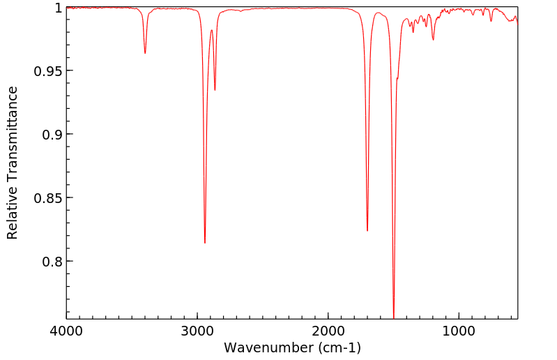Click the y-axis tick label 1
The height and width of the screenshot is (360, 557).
59,8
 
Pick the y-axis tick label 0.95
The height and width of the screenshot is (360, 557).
49,71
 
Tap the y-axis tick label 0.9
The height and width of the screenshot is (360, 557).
53,134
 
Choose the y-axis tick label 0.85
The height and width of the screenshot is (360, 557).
49,198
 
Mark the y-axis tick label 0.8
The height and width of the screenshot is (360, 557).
53,262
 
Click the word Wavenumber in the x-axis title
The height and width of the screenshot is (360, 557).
268,347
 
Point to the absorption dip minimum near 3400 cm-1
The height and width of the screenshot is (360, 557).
145,53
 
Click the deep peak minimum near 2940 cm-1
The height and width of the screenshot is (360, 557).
205,243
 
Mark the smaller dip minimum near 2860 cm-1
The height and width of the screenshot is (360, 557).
215,90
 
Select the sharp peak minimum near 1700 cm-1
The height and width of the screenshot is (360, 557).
367,231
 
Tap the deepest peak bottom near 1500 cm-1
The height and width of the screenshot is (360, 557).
394,317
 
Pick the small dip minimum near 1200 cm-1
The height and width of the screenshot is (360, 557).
433,40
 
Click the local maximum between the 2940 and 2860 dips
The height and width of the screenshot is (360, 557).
211,30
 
